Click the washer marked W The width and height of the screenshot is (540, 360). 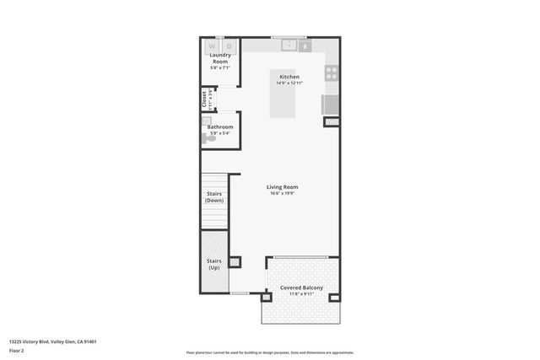(212, 46)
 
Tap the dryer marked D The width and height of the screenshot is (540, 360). (228, 46)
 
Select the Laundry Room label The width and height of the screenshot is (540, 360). (220, 59)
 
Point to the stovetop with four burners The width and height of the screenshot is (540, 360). (332, 73)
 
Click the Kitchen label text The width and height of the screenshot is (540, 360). (289, 77)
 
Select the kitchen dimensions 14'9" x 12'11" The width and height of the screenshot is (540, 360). (289, 83)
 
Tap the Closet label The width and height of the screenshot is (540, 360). (205, 99)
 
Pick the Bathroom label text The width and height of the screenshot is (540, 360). (220, 127)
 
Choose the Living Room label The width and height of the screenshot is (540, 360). (282, 187)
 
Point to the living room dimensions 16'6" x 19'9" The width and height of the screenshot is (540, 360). (282, 194)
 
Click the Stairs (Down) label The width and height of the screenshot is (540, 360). (214, 197)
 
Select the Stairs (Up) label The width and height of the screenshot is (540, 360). (214, 265)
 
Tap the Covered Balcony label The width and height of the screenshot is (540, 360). (301, 288)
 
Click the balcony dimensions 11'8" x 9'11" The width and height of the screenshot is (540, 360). (301, 295)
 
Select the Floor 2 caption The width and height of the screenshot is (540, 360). (17, 350)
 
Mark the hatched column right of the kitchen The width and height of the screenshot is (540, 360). (332, 121)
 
